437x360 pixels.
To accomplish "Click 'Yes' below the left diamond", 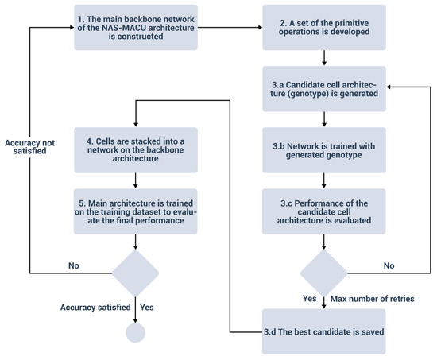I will (x=148, y=306).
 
